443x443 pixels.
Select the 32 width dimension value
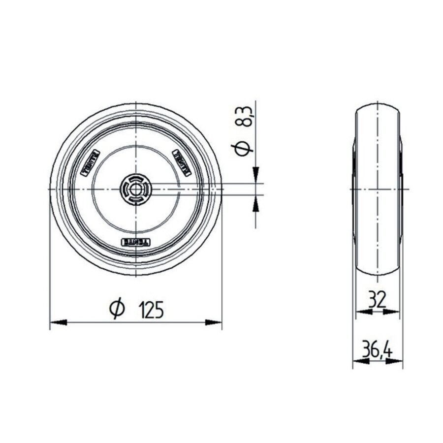tap(377, 299)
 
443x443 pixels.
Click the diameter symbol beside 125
tap(116, 310)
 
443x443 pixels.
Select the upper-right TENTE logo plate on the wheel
tap(181, 160)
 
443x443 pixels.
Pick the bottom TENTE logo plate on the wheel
tap(136, 242)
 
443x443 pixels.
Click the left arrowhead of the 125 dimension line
tap(58, 322)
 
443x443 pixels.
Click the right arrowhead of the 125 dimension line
tap(214, 322)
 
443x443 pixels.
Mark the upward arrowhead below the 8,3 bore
tap(255, 203)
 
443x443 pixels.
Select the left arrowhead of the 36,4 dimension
tap(361, 361)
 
